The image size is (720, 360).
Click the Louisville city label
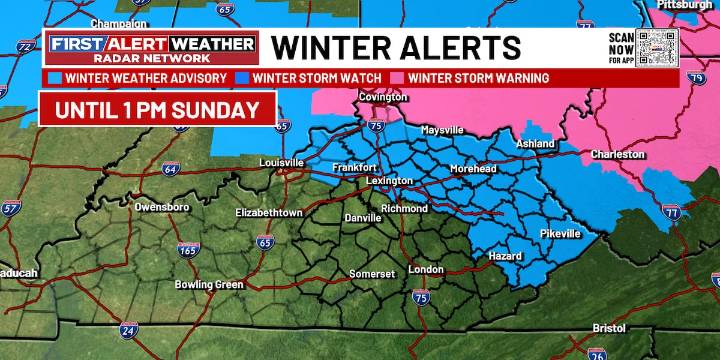point(281,162)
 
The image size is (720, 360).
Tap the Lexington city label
point(389,180)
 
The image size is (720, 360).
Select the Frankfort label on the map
point(354,167)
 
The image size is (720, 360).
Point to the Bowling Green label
point(209,284)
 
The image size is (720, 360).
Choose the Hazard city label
point(504,256)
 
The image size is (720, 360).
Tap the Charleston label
point(618,155)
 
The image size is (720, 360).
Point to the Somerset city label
point(372,273)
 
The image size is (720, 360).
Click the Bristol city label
point(610,327)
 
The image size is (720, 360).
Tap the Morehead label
point(473,169)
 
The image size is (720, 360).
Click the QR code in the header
point(658,46)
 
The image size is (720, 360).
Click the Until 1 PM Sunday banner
point(157,108)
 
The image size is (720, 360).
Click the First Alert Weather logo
point(152,47)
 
